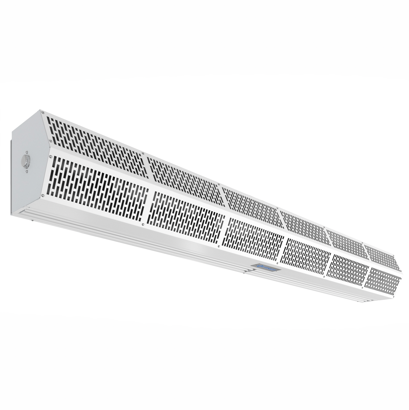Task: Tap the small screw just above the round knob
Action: coord(26,151)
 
